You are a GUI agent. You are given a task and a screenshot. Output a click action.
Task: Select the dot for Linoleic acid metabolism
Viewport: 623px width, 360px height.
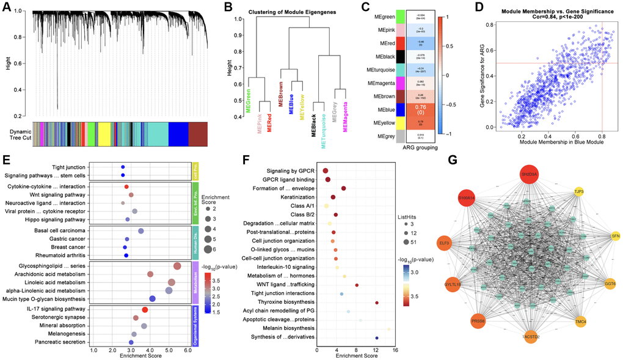[x=172, y=282]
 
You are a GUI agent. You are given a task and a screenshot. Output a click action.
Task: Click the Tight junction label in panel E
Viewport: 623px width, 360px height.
[x=68, y=167]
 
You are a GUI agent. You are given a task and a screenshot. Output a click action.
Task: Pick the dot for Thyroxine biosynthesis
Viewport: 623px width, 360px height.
[x=377, y=303]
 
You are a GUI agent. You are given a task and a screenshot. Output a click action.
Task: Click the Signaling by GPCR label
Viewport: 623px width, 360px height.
[x=291, y=171]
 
